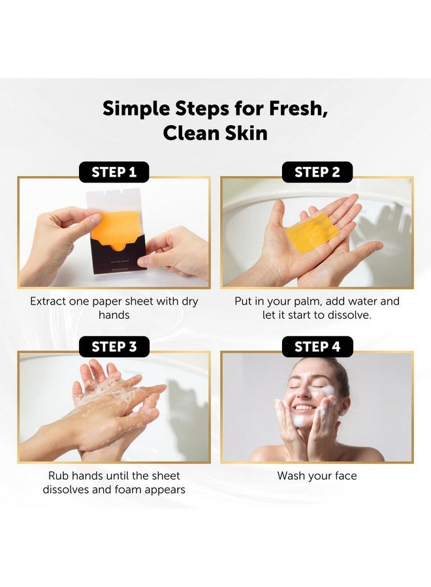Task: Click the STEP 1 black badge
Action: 114,172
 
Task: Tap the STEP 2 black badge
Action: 317,172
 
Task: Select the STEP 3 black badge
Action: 114,346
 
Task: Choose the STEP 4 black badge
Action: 317,346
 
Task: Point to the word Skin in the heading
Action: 244,133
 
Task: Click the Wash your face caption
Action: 317,475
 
